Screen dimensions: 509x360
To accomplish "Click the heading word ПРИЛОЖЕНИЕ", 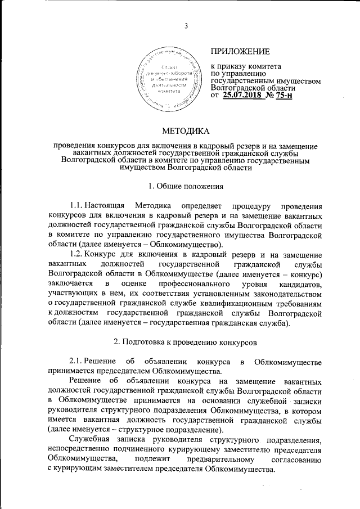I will point(240,51).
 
